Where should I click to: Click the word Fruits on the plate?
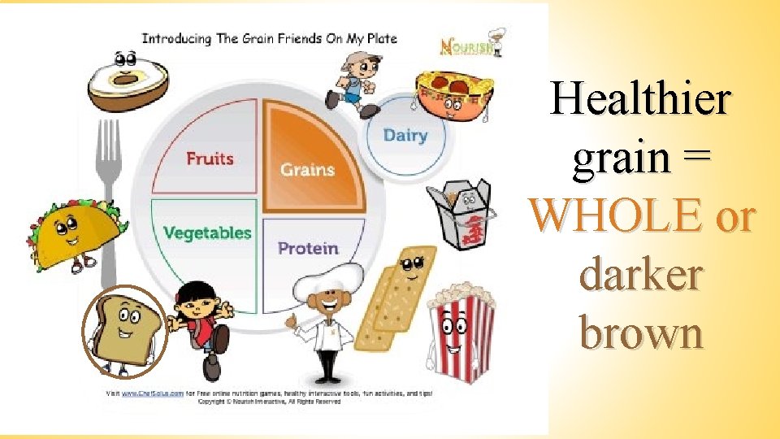210,158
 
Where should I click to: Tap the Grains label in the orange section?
307,170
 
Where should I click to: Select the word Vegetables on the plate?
207,233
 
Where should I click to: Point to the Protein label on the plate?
308,248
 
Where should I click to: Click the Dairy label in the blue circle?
405,135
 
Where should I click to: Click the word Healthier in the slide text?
640,99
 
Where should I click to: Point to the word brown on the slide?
641,333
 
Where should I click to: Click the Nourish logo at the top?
464,47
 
